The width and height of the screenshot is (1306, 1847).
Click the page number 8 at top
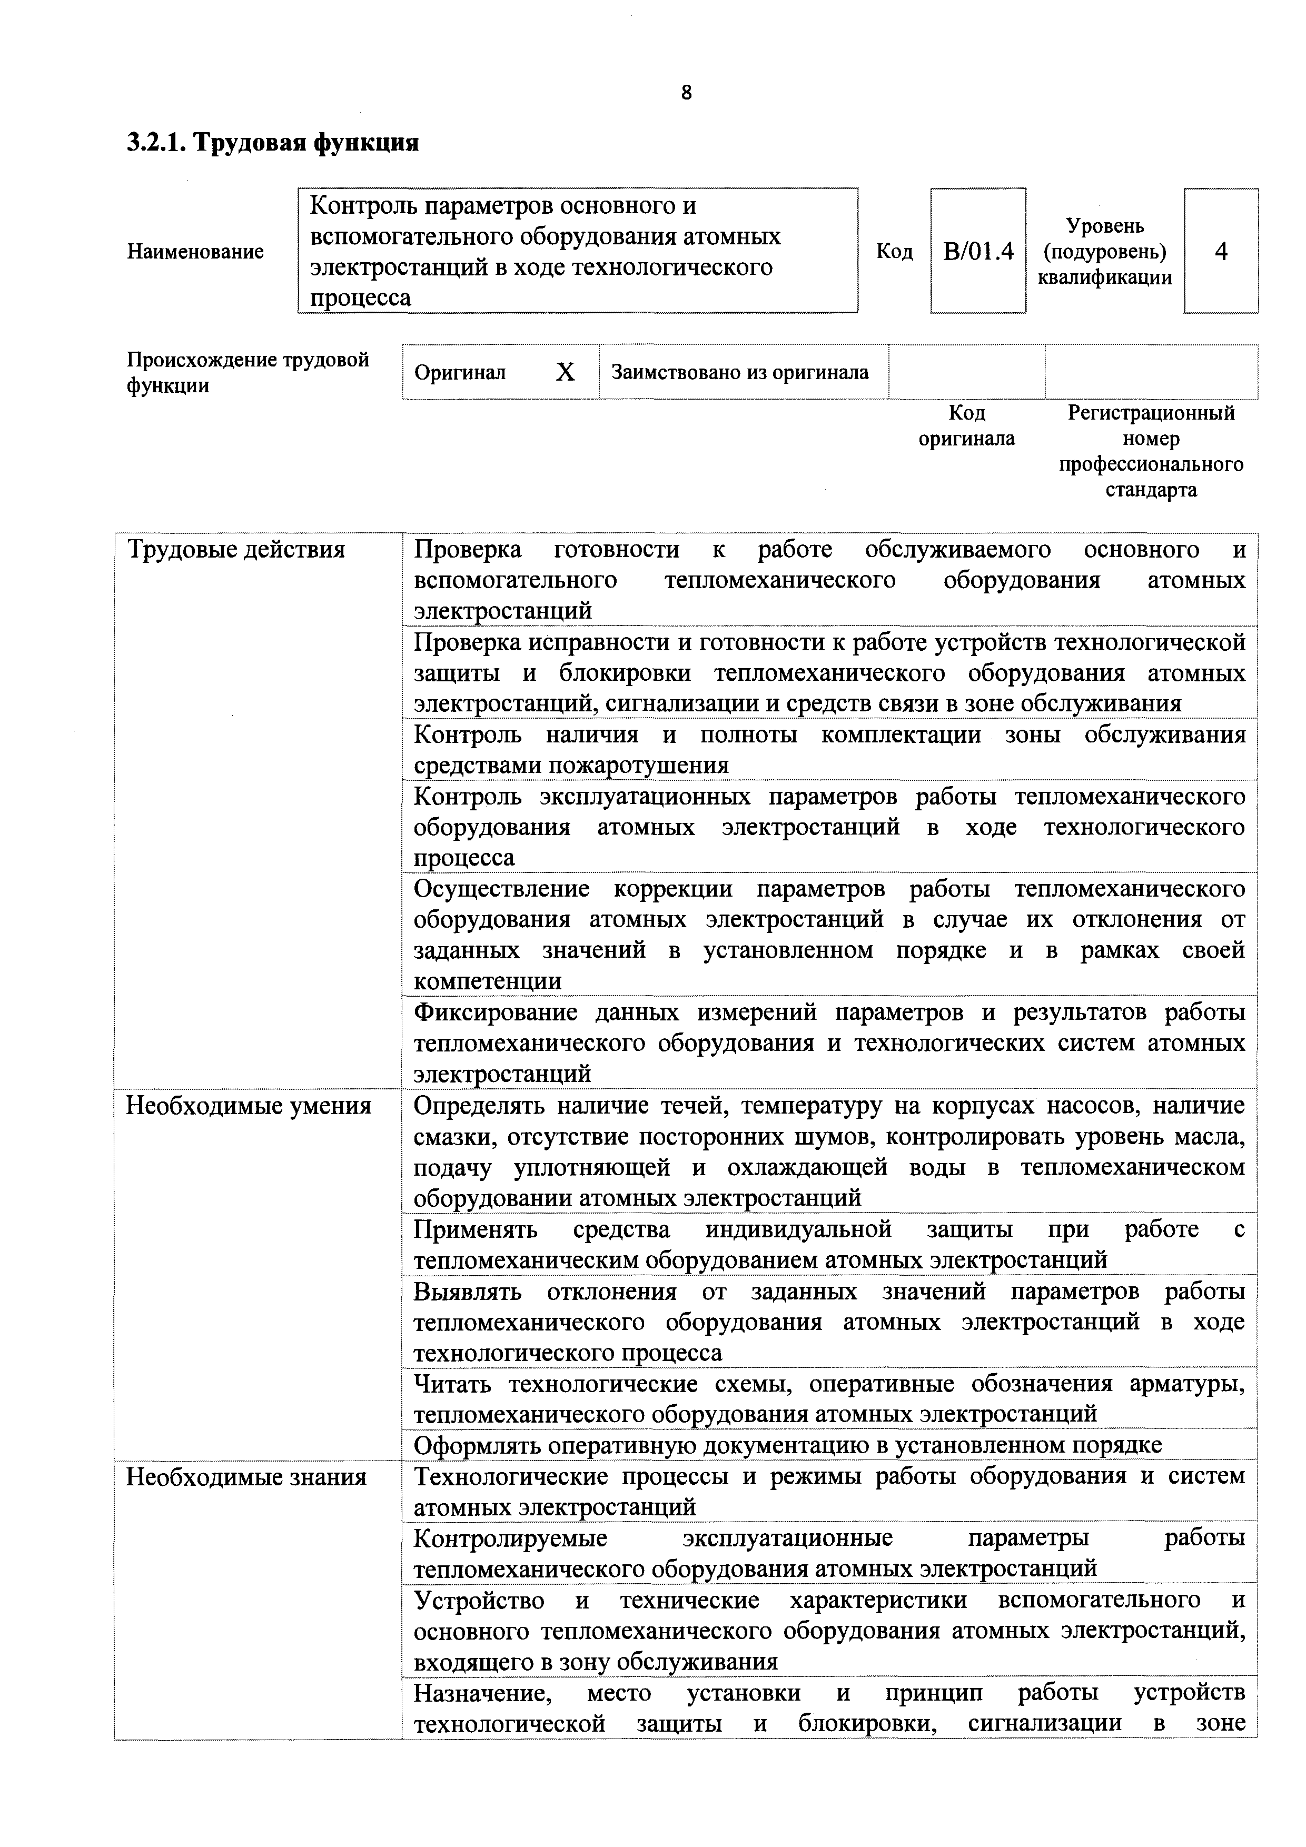pyautogui.click(x=686, y=93)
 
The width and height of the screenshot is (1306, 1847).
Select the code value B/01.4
pyautogui.click(x=978, y=252)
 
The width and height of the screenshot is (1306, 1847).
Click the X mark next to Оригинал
pyautogui.click(x=566, y=372)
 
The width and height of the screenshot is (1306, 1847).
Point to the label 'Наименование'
pyautogui.click(x=195, y=252)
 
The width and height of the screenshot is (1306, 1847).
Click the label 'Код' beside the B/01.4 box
pyautogui.click(x=894, y=252)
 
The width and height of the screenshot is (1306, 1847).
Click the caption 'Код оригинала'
pyautogui.click(x=966, y=425)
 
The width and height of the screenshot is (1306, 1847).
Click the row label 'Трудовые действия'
pyautogui.click(x=236, y=550)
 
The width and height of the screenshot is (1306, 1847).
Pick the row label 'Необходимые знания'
pyautogui.click(x=246, y=1477)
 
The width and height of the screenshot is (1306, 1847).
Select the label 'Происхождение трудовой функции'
pyautogui.click(x=247, y=372)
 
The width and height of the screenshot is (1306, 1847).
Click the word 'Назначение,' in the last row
pyautogui.click(x=482, y=1693)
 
